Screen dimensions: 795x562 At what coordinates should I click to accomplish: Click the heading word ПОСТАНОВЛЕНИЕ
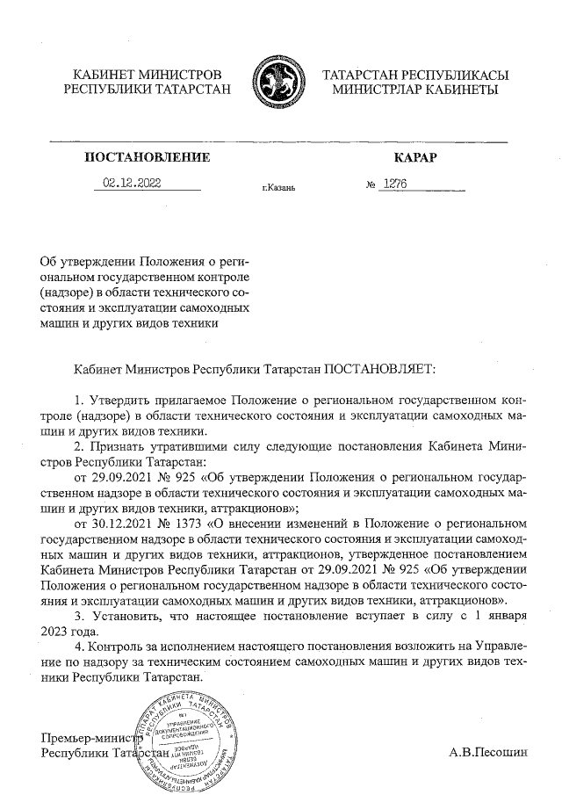click(148, 158)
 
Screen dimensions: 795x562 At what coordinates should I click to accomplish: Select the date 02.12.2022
click(133, 183)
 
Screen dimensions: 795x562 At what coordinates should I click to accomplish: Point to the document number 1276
click(393, 184)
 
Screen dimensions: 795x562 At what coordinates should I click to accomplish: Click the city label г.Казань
click(278, 188)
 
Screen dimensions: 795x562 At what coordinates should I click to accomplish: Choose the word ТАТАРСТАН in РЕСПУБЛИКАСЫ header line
click(363, 75)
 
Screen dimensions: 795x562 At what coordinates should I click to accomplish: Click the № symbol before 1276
click(370, 184)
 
